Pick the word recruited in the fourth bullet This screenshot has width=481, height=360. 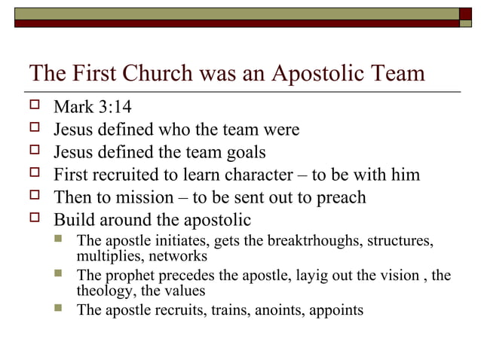coord(127,175)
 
